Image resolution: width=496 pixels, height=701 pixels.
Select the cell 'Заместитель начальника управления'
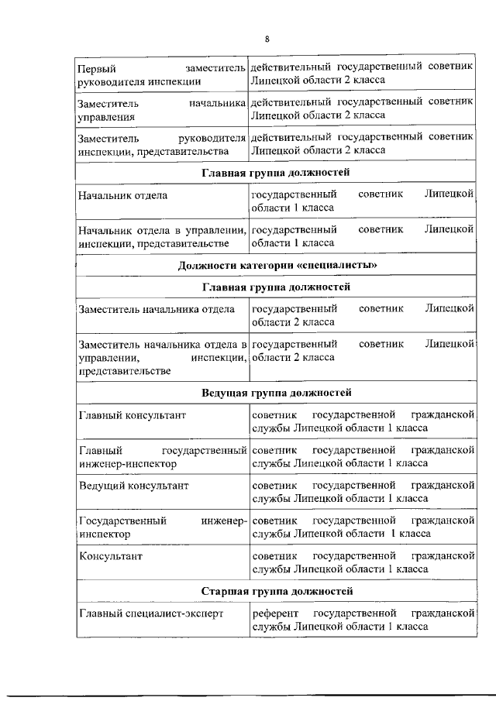coord(161,109)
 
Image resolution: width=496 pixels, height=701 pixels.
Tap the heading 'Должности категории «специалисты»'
coord(277,266)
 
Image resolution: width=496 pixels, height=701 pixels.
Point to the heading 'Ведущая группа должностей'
coord(277,393)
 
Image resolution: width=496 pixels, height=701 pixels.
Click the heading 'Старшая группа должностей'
coord(277,592)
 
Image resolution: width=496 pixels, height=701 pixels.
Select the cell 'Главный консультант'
coord(133,415)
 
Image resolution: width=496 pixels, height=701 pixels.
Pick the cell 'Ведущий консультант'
coord(133,485)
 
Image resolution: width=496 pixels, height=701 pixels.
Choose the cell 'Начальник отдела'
coord(123,195)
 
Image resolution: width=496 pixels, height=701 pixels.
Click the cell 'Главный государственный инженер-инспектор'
coord(161,457)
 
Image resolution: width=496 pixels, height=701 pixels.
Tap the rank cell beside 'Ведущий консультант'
coord(363,491)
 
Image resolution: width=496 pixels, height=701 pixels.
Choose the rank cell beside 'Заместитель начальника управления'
coord(363,109)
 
